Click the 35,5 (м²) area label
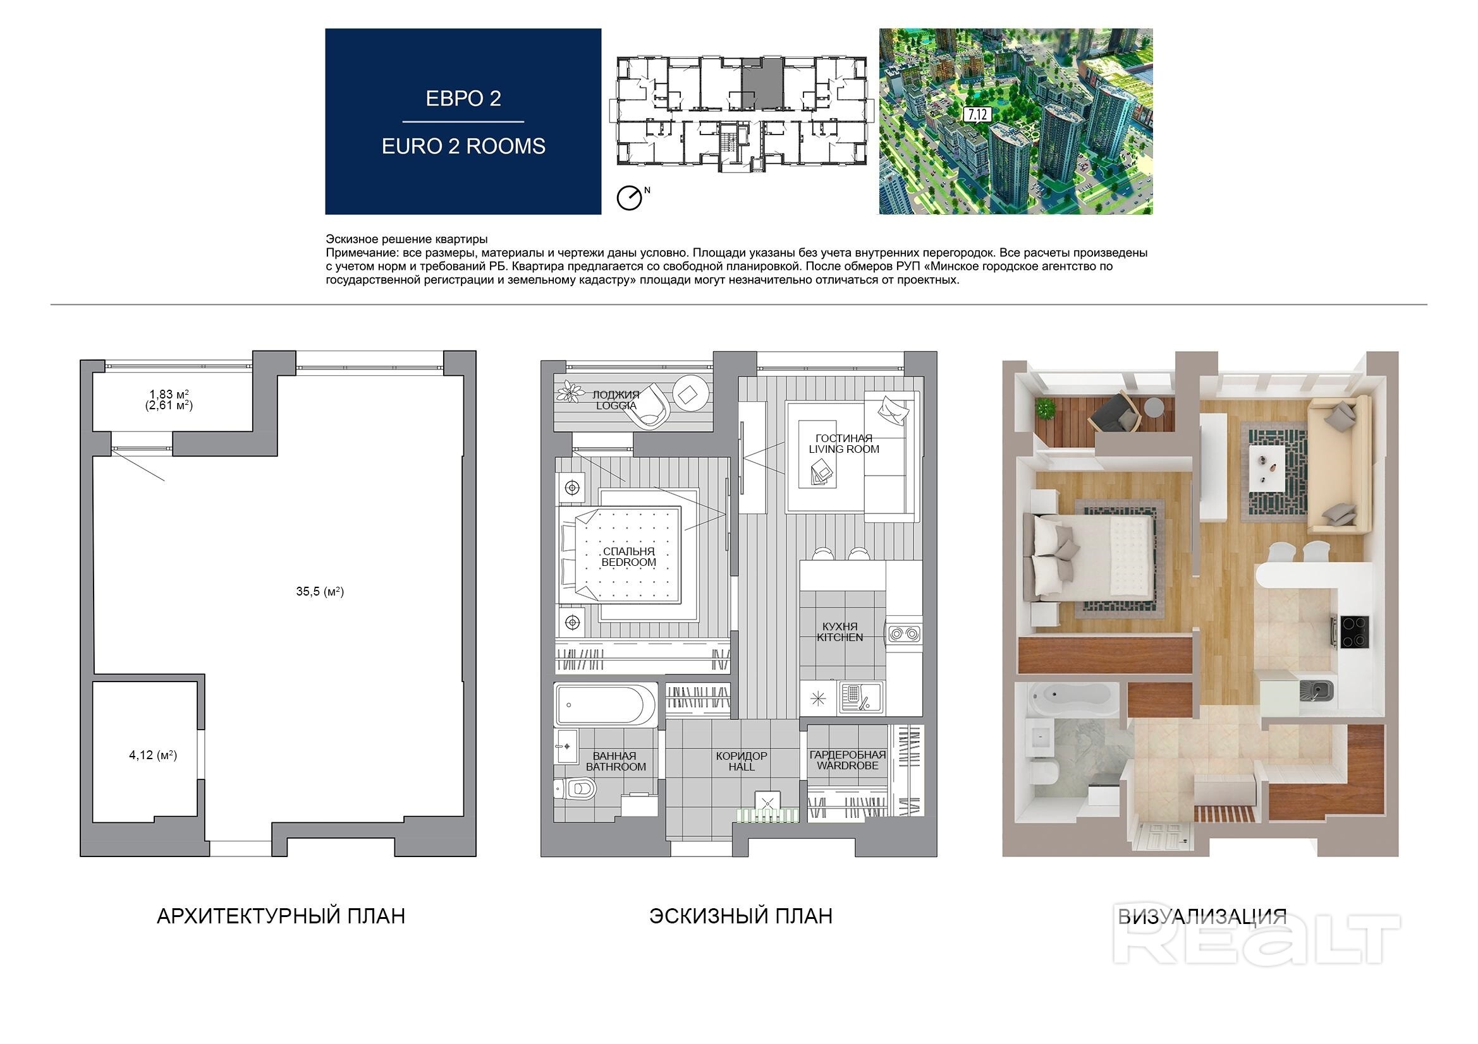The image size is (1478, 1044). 320,591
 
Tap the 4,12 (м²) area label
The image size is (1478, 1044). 152,755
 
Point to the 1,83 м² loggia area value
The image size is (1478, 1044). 169,394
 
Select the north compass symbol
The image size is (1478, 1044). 631,197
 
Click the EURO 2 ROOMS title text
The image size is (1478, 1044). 463,147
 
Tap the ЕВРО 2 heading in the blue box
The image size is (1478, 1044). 463,99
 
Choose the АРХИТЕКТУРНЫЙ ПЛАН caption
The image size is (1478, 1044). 281,915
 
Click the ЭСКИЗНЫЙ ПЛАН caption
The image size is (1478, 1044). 741,915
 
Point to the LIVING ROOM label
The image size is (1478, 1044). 844,449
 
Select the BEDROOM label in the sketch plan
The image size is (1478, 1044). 629,562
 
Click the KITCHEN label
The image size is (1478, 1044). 840,637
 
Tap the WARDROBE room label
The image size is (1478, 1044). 848,765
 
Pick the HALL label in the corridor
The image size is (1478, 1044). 742,767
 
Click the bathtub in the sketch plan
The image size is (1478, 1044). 605,705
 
